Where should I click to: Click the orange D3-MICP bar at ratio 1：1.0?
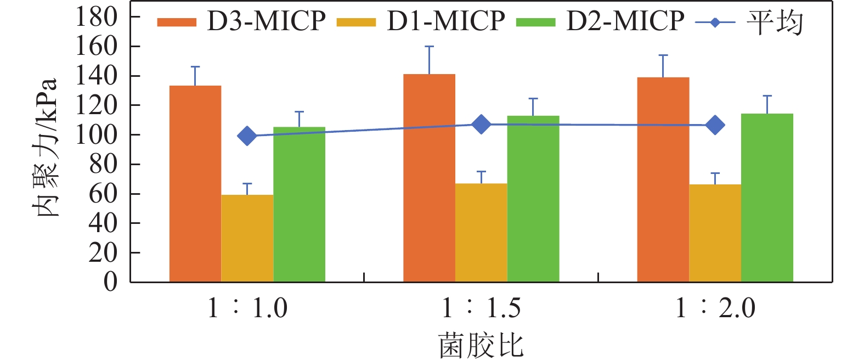tap(195, 184)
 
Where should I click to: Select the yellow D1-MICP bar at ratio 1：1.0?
tap(247, 238)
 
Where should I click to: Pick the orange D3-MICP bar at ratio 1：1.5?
tap(429, 178)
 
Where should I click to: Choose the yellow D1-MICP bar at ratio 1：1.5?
tap(481, 233)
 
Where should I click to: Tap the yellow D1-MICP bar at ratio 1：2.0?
tap(715, 233)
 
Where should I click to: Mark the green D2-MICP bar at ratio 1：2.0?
tap(767, 198)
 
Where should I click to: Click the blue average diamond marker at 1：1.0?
tap(247, 136)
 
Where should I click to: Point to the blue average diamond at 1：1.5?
tap(481, 125)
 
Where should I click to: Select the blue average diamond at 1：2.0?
tap(715, 125)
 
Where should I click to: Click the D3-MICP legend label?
tap(266, 21)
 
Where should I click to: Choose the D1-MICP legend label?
tap(445, 21)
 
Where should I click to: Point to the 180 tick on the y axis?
tap(97, 17)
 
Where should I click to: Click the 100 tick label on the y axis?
tap(97, 134)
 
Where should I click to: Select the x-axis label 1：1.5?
tap(481, 308)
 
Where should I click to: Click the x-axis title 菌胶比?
tap(481, 346)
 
